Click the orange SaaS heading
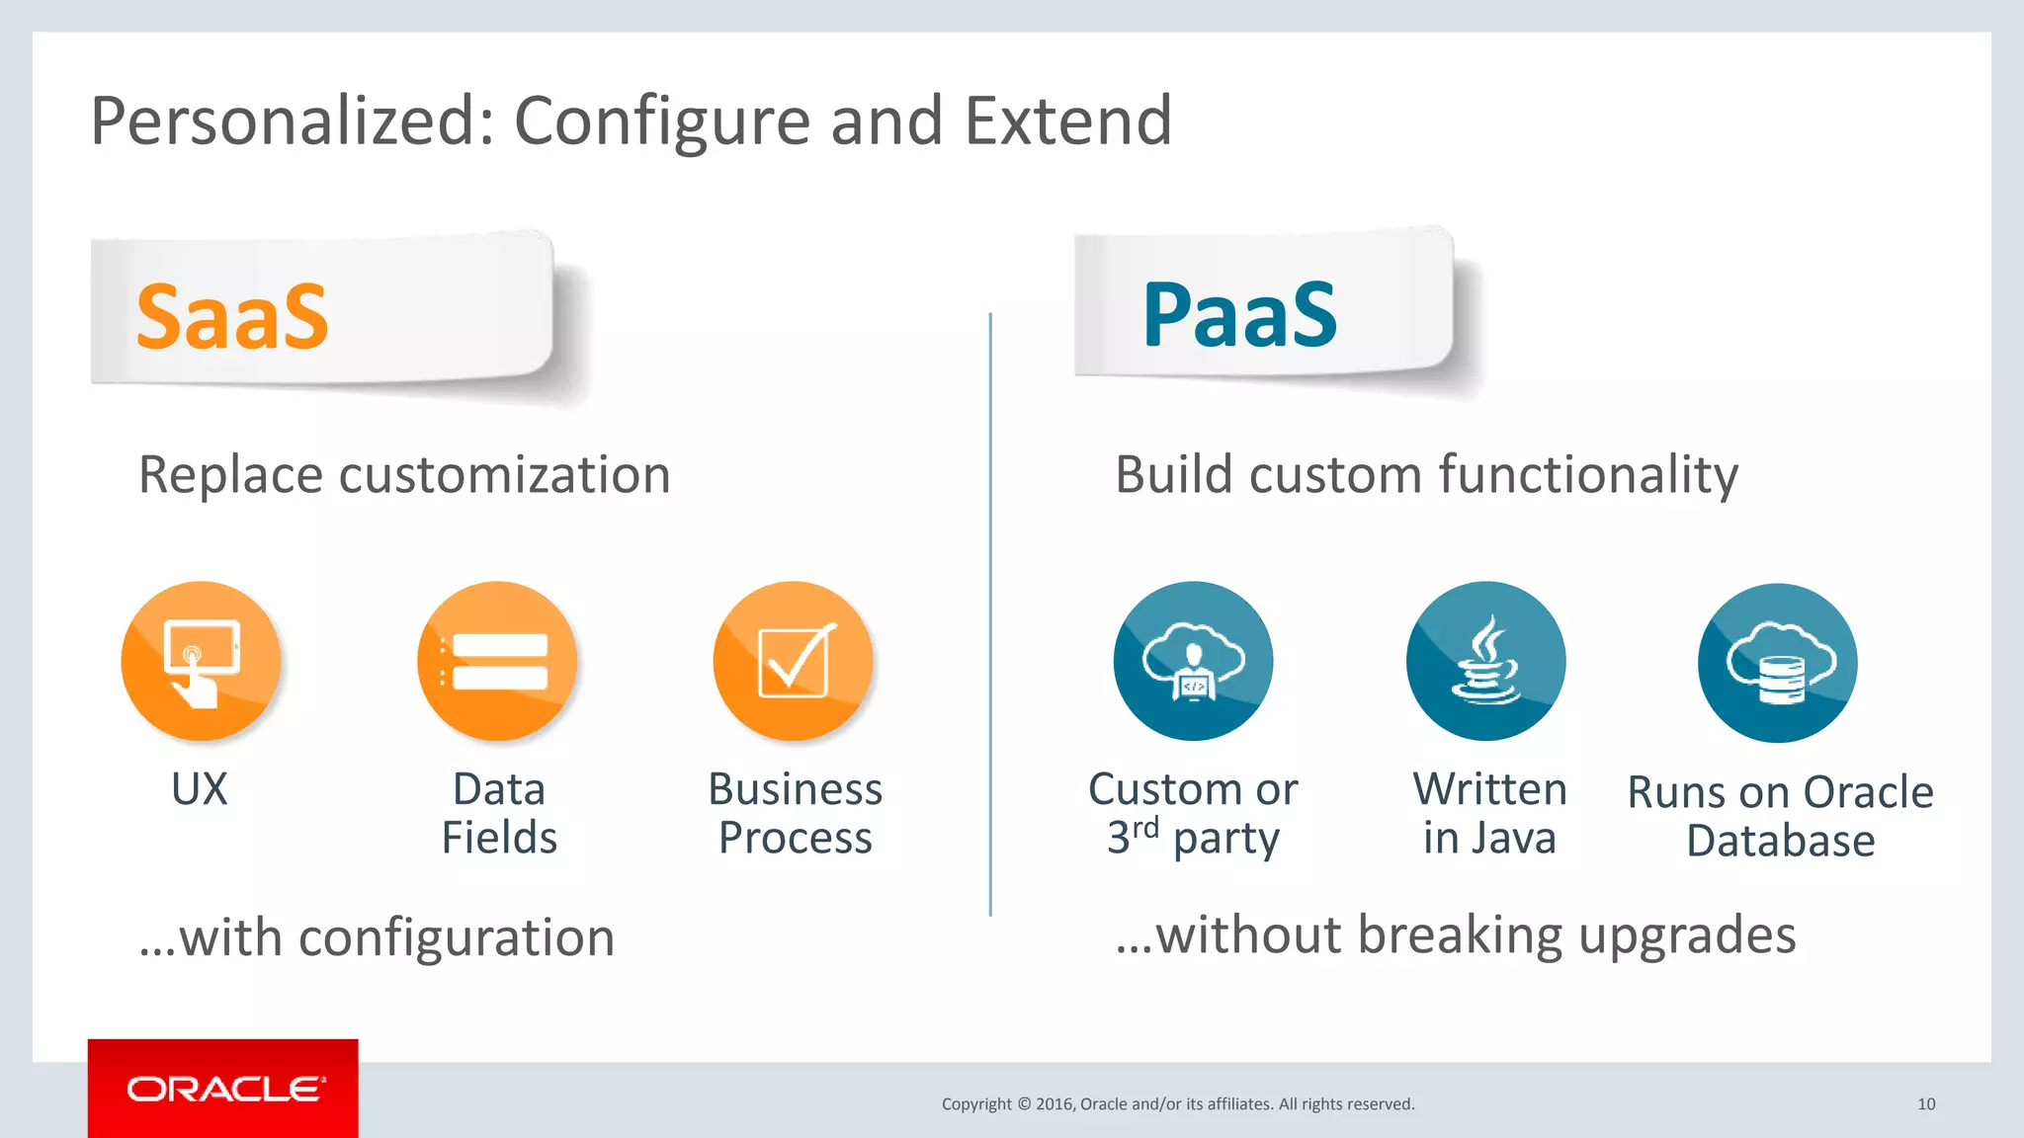tap(232, 317)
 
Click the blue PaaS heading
tap(1239, 315)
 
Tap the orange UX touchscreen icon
tap(202, 661)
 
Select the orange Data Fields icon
tap(497, 661)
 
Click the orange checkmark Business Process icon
tap(794, 661)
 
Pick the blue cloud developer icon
tap(1193, 661)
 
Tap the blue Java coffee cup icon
tap(1485, 661)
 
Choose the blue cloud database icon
tap(1777, 663)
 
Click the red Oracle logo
tap(223, 1089)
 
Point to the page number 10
tap(1926, 1104)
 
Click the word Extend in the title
tap(1067, 121)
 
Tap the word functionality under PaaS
tap(1588, 475)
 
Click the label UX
tap(200, 789)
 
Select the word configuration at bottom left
tap(456, 938)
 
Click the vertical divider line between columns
tap(990, 612)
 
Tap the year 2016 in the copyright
tap(1054, 1104)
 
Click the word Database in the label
tap(1780, 841)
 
